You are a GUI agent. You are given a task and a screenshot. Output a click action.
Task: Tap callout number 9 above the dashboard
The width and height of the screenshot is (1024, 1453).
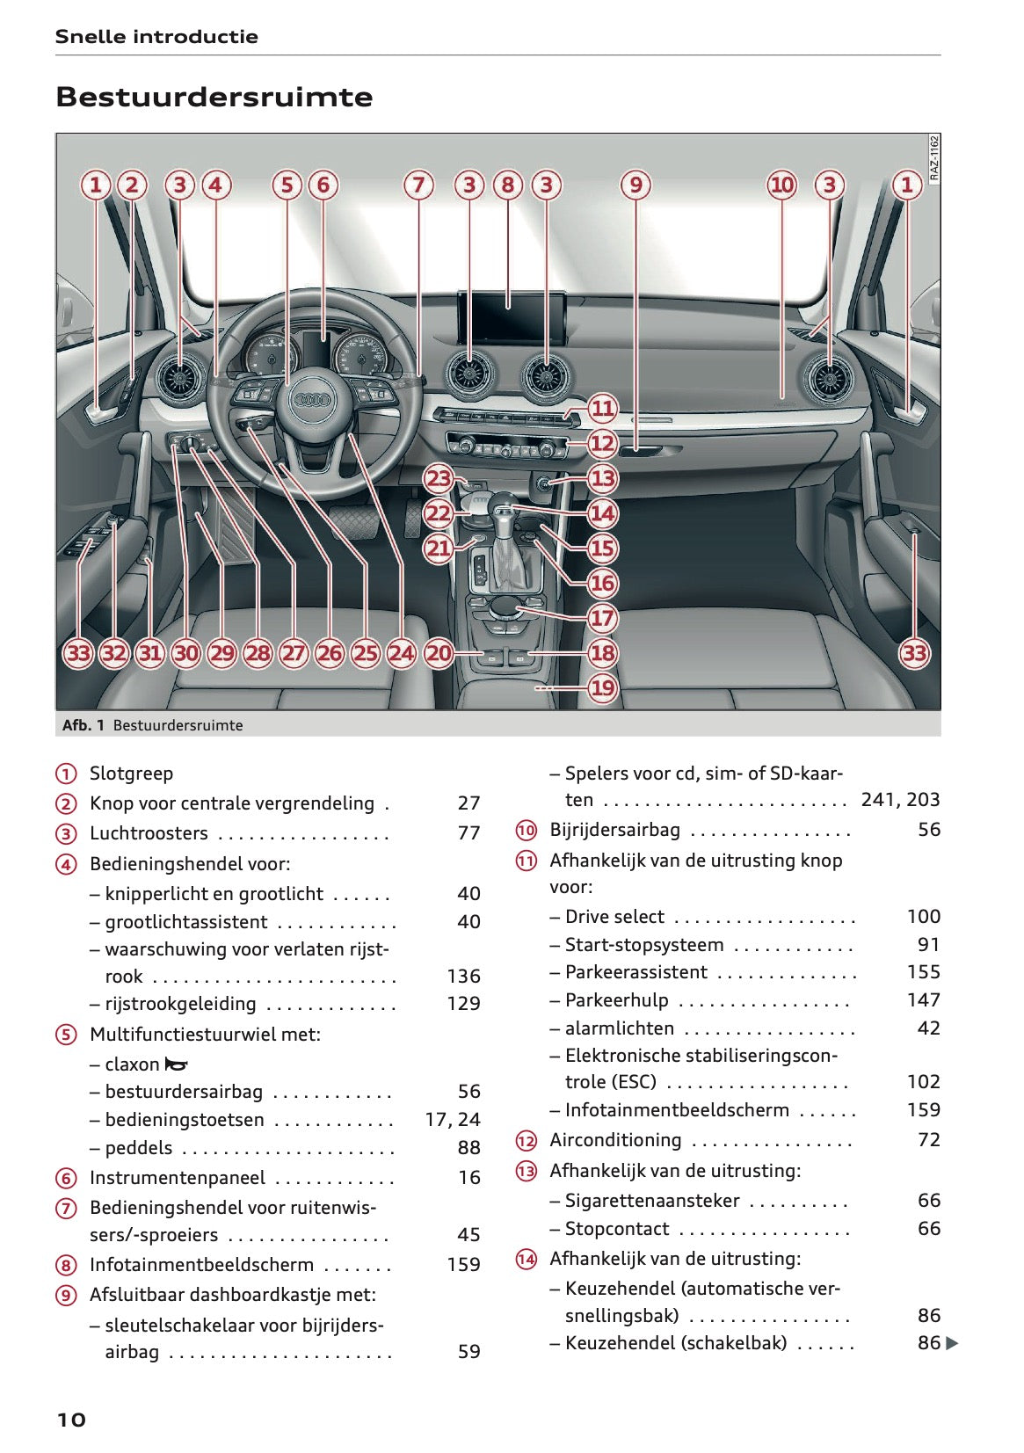pos(635,185)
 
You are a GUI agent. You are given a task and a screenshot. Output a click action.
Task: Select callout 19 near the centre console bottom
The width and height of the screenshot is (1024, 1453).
pos(602,687)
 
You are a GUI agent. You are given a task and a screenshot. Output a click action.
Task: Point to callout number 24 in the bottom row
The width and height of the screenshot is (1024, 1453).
pos(401,653)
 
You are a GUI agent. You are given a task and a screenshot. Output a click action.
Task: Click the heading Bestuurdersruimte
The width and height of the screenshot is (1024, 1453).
pos(214,97)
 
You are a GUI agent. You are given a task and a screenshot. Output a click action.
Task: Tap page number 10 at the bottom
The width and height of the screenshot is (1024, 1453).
pos(71,1420)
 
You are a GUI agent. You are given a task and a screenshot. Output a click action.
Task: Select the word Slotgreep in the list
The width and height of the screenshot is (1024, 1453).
pos(131,774)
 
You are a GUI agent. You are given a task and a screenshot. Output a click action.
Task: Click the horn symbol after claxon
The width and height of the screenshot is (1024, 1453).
pos(177,1064)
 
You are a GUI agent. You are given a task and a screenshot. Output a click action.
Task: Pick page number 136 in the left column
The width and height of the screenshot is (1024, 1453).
pos(463,976)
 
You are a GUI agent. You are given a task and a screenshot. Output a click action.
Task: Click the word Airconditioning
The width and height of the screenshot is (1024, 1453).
pos(615,1140)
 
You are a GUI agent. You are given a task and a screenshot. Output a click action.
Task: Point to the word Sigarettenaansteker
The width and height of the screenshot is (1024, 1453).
pos(652,1201)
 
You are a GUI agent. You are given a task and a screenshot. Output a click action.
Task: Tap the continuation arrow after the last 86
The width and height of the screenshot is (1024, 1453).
pos(952,1343)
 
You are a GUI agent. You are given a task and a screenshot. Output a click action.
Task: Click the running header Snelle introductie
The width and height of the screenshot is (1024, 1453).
pos(156,37)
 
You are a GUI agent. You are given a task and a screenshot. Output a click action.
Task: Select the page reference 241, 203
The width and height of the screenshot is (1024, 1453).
pos(900,800)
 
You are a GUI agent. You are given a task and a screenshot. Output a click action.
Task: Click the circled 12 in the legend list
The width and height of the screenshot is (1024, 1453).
pos(526,1141)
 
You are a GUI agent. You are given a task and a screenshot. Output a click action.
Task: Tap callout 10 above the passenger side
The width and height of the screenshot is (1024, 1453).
pos(781,185)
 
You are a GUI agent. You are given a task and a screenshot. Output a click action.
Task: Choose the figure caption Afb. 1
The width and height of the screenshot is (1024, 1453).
pos(84,725)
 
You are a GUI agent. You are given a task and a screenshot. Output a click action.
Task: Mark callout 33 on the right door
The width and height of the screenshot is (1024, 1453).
pos(914,653)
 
